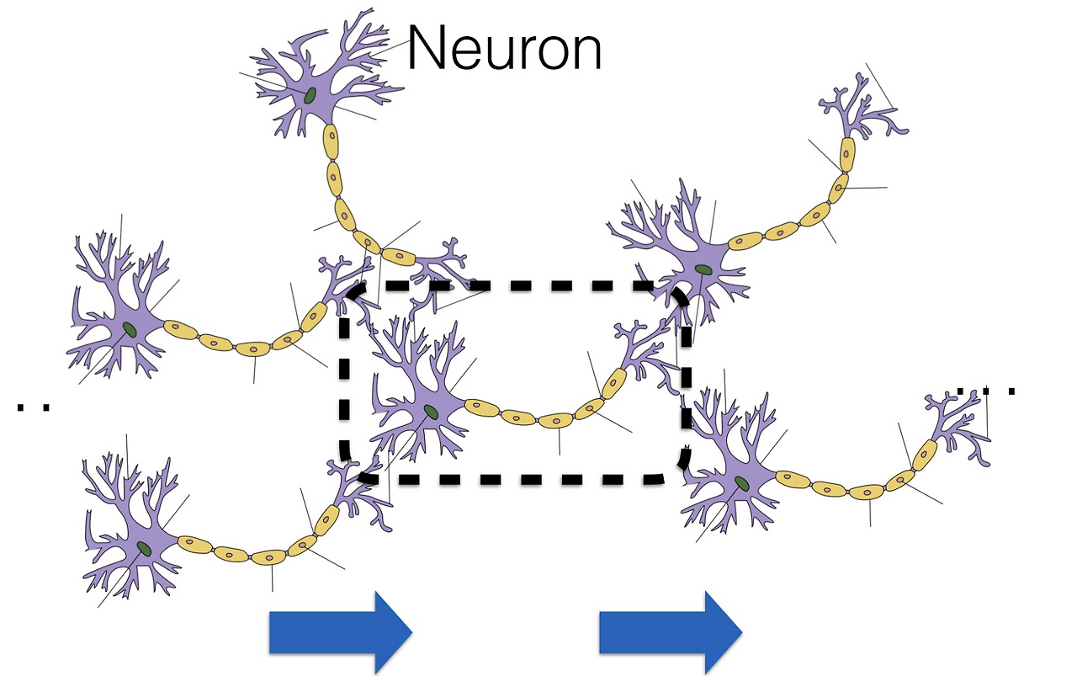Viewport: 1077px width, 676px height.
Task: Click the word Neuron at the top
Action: point(505,49)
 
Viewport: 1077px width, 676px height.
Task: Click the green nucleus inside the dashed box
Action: point(431,412)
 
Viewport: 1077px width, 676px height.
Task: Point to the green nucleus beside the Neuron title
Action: point(310,96)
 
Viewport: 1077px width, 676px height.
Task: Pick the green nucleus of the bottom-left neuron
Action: point(146,549)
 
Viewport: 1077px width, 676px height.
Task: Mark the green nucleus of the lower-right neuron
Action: point(741,483)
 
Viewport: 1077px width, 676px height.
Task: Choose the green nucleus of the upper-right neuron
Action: point(702,270)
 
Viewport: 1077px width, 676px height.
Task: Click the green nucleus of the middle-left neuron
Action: point(129,328)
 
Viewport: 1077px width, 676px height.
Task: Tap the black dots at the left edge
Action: point(33,407)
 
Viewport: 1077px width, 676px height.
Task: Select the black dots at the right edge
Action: point(986,391)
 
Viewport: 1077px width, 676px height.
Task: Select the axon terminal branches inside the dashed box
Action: point(648,354)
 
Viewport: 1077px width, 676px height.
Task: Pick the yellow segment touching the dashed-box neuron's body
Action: point(480,408)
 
